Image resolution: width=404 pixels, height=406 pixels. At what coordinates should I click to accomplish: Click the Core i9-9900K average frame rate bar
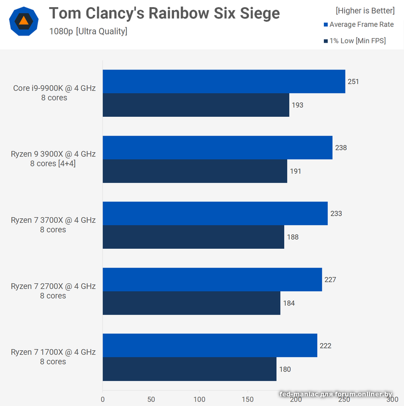tap(224, 82)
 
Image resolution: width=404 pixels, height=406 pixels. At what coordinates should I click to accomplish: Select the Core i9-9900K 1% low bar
tap(196, 105)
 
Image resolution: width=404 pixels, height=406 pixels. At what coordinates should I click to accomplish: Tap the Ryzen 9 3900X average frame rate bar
tap(217, 148)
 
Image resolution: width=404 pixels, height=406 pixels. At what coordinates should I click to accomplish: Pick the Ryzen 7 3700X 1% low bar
tap(193, 237)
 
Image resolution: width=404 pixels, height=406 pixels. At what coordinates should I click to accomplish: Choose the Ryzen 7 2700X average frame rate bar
tap(212, 280)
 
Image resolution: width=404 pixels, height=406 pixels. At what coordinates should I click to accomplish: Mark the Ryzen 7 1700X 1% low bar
tap(189, 369)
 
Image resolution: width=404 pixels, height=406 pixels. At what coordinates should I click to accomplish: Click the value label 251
tap(353, 82)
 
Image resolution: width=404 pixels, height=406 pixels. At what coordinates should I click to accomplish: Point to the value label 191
tap(295, 171)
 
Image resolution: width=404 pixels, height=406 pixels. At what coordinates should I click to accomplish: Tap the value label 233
tap(336, 214)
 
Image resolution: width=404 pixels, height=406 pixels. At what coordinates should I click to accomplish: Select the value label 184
tap(289, 303)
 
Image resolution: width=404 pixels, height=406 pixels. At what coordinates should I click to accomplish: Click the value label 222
tap(325, 346)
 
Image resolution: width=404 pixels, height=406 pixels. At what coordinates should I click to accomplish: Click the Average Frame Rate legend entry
tap(358, 24)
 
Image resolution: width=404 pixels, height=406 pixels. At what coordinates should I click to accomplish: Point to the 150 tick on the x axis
tap(248, 399)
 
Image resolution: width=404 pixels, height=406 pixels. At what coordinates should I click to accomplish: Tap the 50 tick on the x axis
tap(151, 399)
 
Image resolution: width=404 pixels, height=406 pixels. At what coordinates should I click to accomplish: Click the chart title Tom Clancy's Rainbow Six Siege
tap(164, 13)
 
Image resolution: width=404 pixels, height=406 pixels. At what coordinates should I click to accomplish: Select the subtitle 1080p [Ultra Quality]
tap(88, 31)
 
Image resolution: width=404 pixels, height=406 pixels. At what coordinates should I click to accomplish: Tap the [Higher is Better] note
tap(365, 10)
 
